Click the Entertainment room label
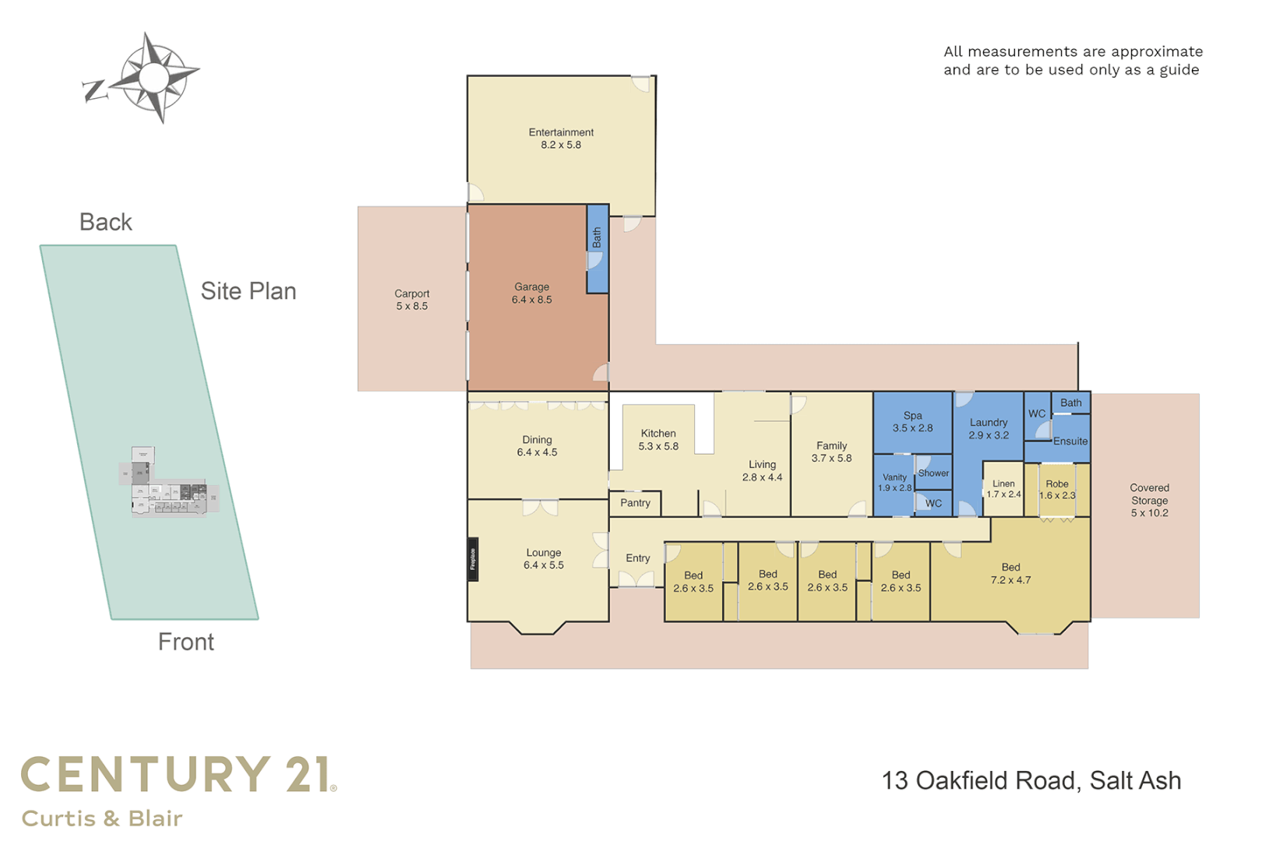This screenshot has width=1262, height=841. pos(561,139)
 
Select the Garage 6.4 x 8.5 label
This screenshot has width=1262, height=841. pos(531,294)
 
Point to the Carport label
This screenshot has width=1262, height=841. pos(411,300)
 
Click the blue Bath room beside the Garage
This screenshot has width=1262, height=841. pos(597,248)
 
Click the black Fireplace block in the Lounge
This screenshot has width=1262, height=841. pos(472,559)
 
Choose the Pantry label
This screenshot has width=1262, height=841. pos(635,503)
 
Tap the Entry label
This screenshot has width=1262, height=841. pos(637,558)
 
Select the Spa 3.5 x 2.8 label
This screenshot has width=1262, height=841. pos(912,422)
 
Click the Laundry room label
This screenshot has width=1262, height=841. pos(989,429)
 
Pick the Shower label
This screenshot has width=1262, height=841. pos(933,473)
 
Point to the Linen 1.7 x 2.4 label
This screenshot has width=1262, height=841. pos(1003,489)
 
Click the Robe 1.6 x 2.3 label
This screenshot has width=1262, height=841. pos(1057,490)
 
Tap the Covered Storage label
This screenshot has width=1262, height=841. pos(1149,500)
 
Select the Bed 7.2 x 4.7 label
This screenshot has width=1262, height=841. pos(1010,574)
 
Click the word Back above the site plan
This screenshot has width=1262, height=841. pos(106,223)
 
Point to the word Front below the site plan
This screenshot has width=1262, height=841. pos(185,642)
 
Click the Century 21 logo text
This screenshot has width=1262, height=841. pos(178,775)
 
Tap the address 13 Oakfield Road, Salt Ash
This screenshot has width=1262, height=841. pos(1031,781)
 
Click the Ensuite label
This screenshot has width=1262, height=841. pos(1070,442)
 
